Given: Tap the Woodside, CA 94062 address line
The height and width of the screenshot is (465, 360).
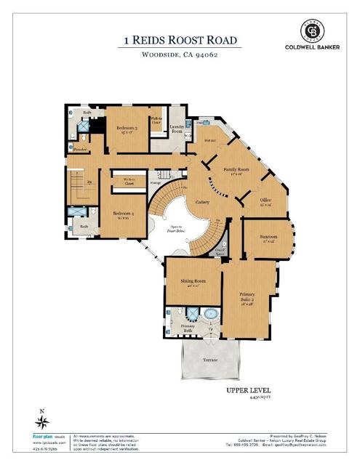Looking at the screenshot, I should [x=180, y=54].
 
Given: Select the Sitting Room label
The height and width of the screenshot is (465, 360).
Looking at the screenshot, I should [x=193, y=281].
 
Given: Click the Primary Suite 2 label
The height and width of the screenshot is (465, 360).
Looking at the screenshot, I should [x=247, y=298].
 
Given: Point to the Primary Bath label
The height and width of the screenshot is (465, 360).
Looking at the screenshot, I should [x=188, y=327].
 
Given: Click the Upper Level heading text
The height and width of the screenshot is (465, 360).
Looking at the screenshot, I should [x=250, y=391].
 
